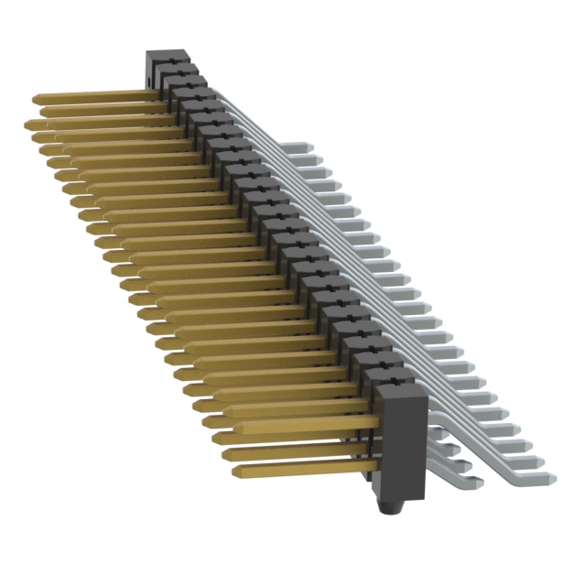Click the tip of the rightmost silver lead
pyautogui.click(x=549, y=473)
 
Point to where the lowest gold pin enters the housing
pyautogui.click(x=376, y=464)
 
